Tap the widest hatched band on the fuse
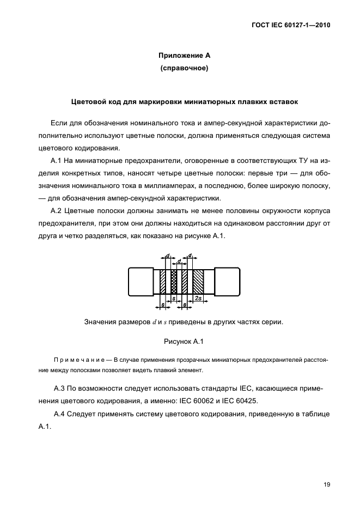[198, 282]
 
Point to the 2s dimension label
[199, 299]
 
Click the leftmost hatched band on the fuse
[163, 282]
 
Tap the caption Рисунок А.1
[183, 342]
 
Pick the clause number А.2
[57, 210]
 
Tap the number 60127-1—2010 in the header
[305, 25]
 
